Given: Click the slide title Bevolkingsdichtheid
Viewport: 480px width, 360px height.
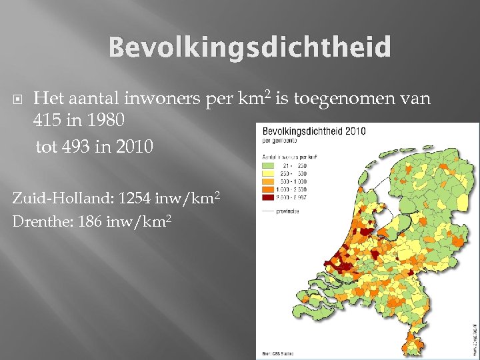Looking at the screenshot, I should [x=249, y=48].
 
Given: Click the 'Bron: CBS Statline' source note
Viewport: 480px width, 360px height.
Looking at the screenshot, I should [x=277, y=351].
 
